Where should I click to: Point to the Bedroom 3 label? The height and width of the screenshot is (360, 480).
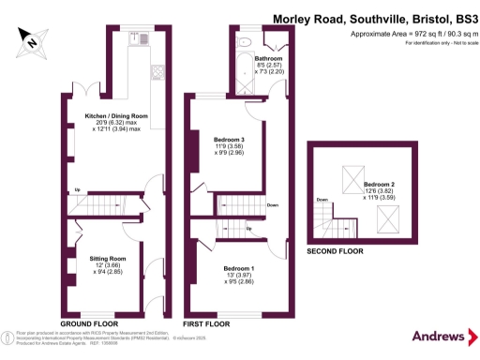[230, 142]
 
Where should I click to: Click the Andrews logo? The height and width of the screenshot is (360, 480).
[440, 335]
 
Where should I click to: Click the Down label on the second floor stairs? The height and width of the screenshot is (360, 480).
[322, 200]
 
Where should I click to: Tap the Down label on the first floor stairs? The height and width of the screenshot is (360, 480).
[272, 205]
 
